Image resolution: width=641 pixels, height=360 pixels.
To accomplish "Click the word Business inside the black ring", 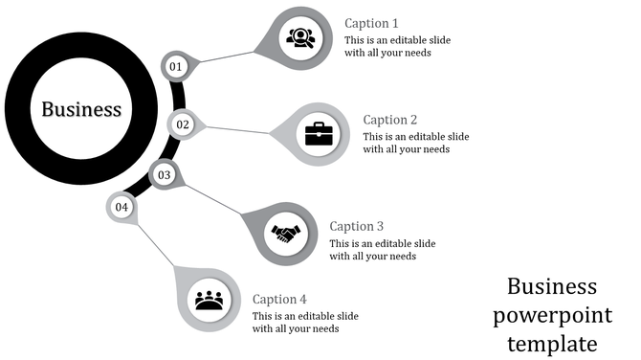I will click(x=81, y=109).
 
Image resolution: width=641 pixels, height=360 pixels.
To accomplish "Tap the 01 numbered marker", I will click(x=175, y=66).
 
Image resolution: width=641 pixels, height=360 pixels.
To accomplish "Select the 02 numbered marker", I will click(x=183, y=124).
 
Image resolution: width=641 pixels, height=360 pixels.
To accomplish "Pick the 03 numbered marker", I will click(x=165, y=175).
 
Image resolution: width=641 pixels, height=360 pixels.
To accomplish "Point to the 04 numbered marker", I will click(x=122, y=207).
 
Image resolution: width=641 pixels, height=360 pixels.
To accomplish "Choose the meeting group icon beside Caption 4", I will click(x=209, y=300).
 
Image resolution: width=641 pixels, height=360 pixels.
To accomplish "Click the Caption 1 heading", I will click(x=371, y=23).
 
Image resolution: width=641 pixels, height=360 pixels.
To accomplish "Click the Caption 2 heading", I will click(x=390, y=120).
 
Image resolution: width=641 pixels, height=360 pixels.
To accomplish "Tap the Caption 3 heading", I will click(x=357, y=226).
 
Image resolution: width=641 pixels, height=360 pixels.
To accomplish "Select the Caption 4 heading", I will click(x=280, y=299).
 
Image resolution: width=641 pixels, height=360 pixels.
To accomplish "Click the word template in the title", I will click(x=553, y=343).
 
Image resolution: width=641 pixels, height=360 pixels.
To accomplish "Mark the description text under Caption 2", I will click(x=416, y=143).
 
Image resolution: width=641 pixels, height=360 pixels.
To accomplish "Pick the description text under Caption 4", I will click(x=305, y=322).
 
